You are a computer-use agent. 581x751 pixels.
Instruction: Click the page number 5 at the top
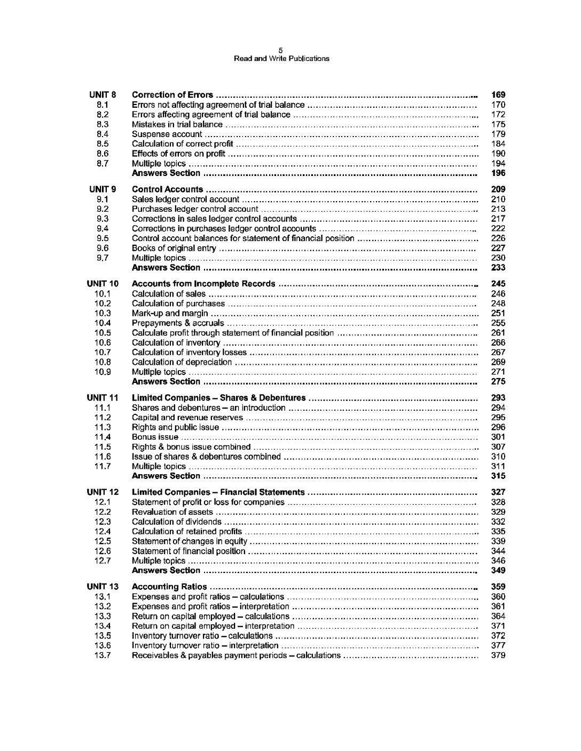281,51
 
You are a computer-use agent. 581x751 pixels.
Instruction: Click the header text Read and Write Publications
281,59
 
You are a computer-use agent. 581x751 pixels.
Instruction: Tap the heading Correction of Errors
172,95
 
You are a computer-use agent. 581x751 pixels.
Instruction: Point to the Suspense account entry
167,134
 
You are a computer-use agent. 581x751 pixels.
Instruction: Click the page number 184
498,144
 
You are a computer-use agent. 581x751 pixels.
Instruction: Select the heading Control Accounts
167,189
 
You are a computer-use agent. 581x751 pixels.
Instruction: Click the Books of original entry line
174,248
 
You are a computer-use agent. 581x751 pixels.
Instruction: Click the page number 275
498,381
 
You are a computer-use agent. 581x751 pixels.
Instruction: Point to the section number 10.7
103,352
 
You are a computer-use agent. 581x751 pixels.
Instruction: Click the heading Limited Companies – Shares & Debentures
218,398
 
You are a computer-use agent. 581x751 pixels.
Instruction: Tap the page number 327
498,492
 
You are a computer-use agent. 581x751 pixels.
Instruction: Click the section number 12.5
103,541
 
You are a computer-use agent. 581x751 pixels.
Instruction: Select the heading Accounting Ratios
169,587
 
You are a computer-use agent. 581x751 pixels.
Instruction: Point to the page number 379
498,655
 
